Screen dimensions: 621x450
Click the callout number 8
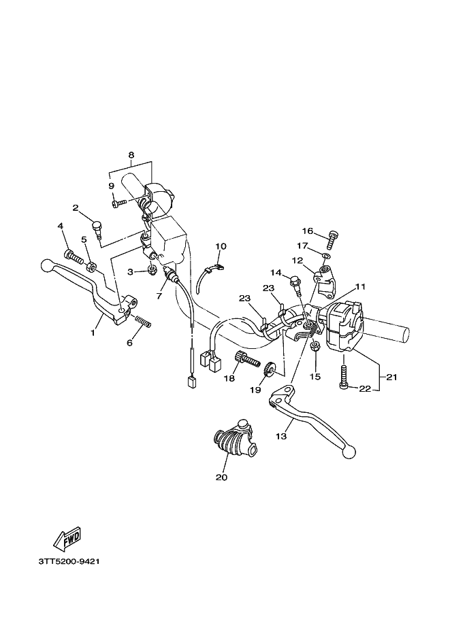tap(131, 154)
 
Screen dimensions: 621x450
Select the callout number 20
tap(221, 477)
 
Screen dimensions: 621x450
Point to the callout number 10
tap(221, 246)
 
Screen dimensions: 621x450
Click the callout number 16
tap(308, 231)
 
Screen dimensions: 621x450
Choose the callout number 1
tap(93, 333)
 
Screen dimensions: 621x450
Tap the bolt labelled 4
tap(72, 256)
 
